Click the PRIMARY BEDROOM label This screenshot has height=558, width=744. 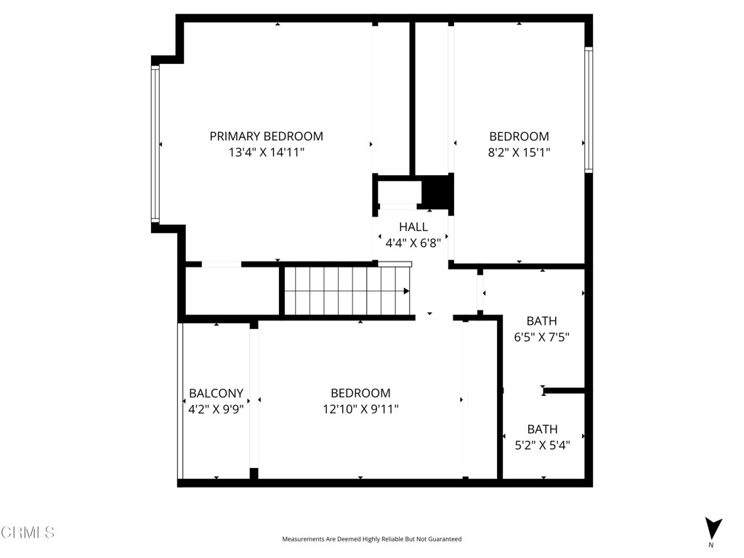click(266, 136)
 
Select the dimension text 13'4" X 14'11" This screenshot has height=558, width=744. click(266, 153)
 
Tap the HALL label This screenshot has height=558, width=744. click(413, 227)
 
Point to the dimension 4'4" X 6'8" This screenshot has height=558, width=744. click(413, 243)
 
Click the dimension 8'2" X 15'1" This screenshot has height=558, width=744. click(519, 153)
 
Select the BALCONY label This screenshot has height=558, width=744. click(216, 393)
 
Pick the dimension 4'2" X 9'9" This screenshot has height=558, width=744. click(216, 409)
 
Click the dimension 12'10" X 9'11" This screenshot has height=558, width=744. click(360, 409)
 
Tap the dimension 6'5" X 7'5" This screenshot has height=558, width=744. click(541, 337)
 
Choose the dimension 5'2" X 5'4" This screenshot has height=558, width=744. click(542, 445)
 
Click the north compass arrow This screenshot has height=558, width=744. click(713, 527)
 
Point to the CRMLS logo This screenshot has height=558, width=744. click(28, 533)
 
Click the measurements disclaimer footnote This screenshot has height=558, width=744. click(371, 539)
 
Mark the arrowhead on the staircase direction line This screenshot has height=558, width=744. click(406, 291)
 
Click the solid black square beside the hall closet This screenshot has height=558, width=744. click(437, 191)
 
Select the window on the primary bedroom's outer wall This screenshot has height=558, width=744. click(155, 143)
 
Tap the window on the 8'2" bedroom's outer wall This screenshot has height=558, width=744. click(589, 110)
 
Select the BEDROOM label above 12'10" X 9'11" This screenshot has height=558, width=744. click(360, 393)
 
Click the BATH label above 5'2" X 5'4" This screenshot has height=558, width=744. click(542, 429)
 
